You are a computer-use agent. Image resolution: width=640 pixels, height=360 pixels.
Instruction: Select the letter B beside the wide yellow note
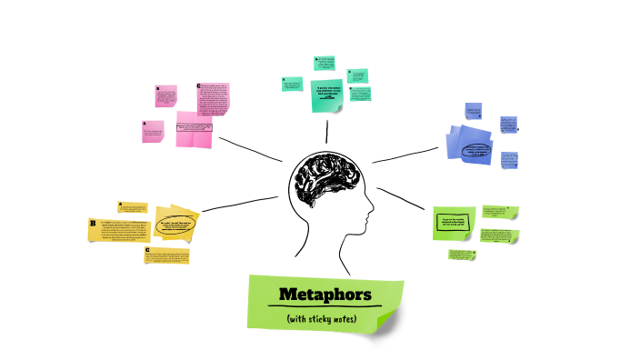tap(93, 223)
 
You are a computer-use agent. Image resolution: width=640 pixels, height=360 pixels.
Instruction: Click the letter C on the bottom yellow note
tap(148, 251)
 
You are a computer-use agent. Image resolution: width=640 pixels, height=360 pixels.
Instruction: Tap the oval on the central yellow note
tap(177, 225)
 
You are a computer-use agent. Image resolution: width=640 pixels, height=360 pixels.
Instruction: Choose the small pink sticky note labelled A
tap(154, 132)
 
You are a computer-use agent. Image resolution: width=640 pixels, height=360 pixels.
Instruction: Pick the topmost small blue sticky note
tap(473, 111)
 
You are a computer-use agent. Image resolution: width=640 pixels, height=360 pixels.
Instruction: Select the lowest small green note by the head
tap(461, 255)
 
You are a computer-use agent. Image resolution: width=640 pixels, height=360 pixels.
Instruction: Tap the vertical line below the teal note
tap(326, 130)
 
